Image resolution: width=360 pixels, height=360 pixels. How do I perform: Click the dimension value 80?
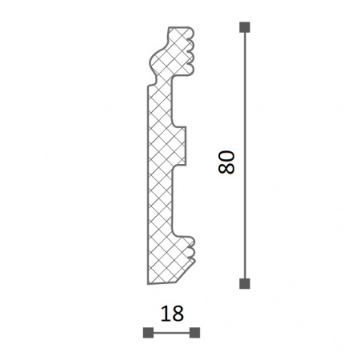(x=226, y=162)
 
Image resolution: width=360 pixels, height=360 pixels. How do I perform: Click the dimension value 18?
(x=172, y=314)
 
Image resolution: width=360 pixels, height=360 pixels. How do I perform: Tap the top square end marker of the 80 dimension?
(x=245, y=27)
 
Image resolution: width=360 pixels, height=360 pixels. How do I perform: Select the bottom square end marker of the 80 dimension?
(x=245, y=283)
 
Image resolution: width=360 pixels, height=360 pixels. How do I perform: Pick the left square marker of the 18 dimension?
(x=148, y=333)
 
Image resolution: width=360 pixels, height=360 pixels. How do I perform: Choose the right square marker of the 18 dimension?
(x=194, y=333)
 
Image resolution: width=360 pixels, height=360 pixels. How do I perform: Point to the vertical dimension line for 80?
(x=245, y=155)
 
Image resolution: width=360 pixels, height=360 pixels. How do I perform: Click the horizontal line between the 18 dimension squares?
(x=171, y=333)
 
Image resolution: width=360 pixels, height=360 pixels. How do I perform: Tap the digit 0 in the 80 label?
(x=226, y=157)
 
